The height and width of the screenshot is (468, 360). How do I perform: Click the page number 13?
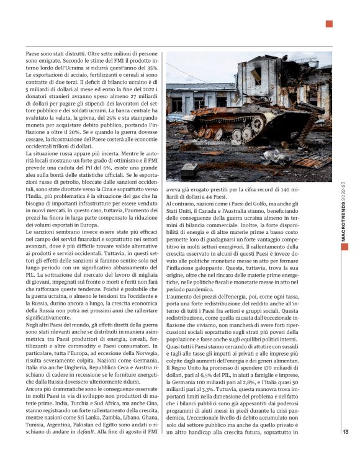(345, 450)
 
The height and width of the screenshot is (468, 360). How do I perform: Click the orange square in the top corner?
(330, 24)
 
